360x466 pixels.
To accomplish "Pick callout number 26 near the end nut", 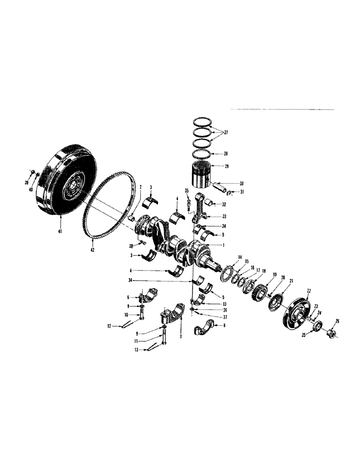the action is coord(337,320).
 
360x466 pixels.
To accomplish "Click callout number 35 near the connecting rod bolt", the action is coord(186,191).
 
